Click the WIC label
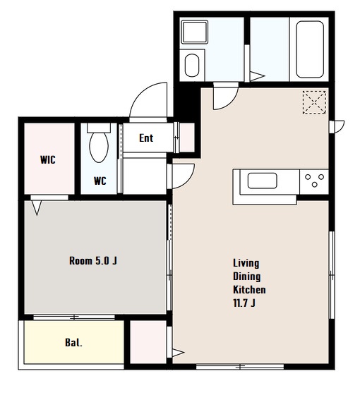(x=48, y=160)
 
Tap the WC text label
(x=100, y=181)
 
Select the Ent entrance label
(x=146, y=138)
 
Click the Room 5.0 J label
(x=93, y=261)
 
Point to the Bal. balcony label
(x=73, y=343)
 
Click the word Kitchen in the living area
(x=249, y=290)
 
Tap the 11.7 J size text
(x=244, y=303)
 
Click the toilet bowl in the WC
(x=99, y=147)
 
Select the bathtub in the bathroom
(x=310, y=49)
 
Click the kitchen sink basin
(x=262, y=181)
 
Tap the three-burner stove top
(x=314, y=181)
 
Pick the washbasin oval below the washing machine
(x=192, y=65)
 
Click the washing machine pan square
(x=195, y=32)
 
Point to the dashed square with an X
(x=314, y=102)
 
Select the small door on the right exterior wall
(x=337, y=127)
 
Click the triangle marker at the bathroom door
(x=257, y=76)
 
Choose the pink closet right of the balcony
(x=148, y=342)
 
